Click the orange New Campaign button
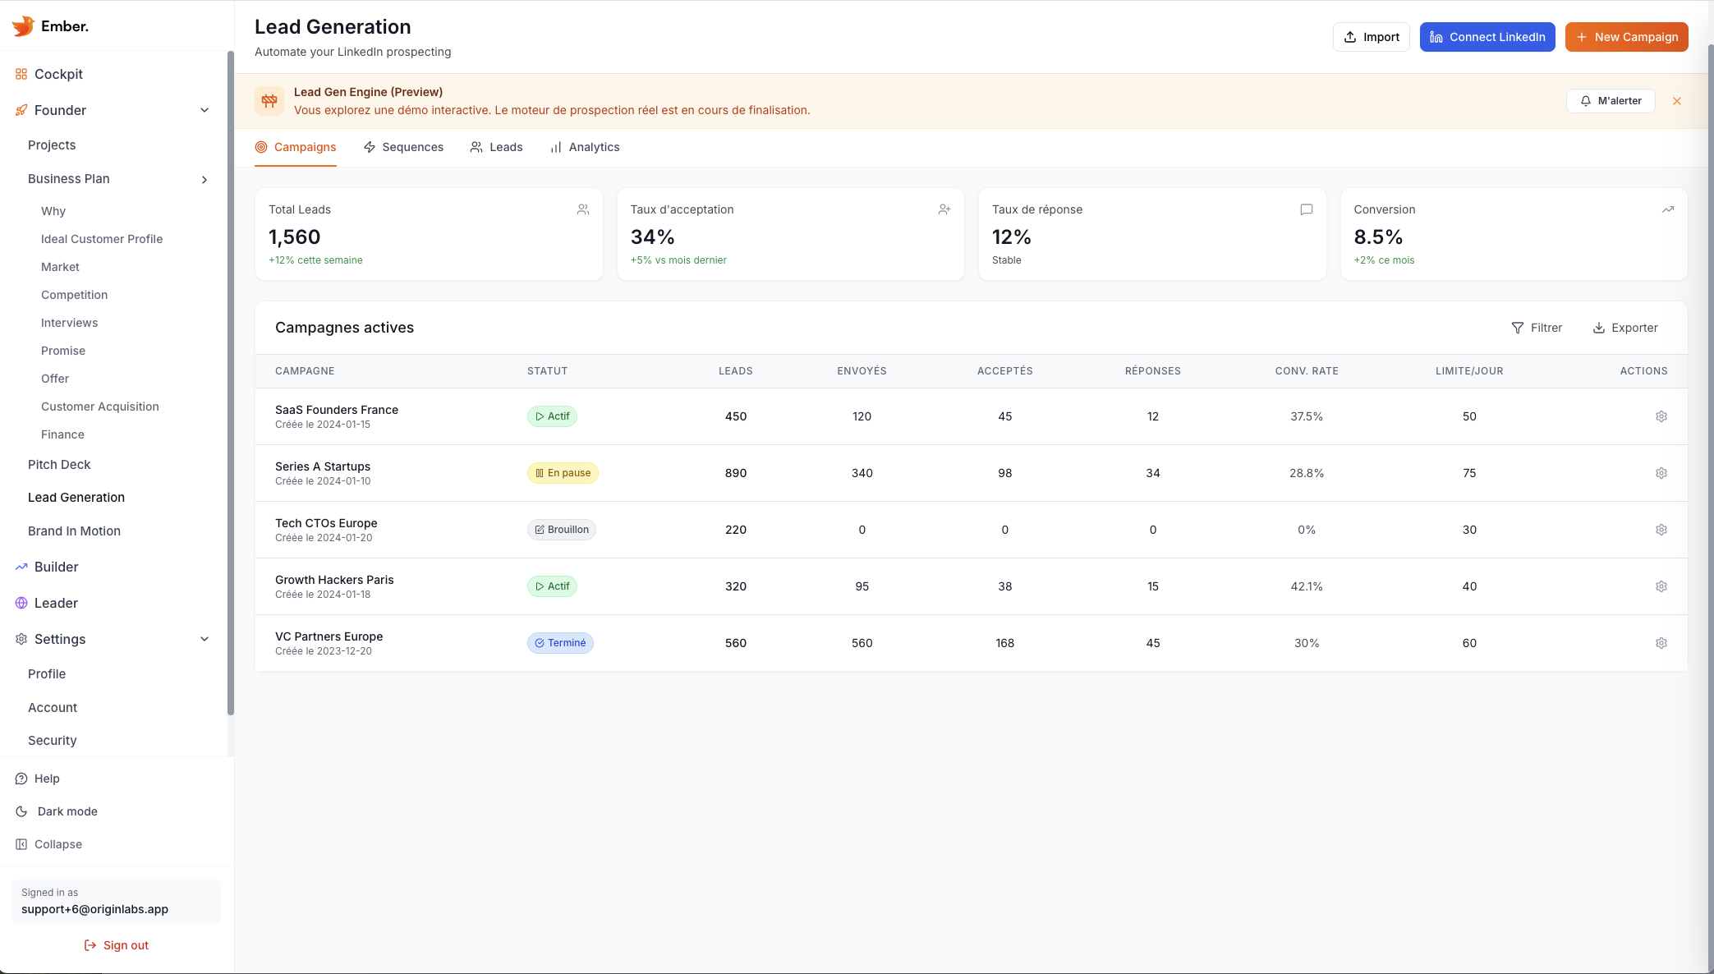click(1626, 37)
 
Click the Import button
click(1371, 37)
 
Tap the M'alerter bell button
click(1610, 101)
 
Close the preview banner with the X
click(1676, 101)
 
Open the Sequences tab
click(403, 147)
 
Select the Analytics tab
click(585, 147)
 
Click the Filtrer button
click(1537, 328)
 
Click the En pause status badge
click(563, 473)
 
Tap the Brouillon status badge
click(562, 530)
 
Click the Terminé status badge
click(560, 643)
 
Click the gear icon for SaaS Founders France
click(1661, 416)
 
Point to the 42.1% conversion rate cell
click(1306, 586)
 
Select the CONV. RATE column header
click(1306, 371)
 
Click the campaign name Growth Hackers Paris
click(334, 580)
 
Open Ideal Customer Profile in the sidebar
click(102, 239)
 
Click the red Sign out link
click(117, 945)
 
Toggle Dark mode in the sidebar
click(67, 811)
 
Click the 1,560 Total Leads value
click(294, 237)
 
